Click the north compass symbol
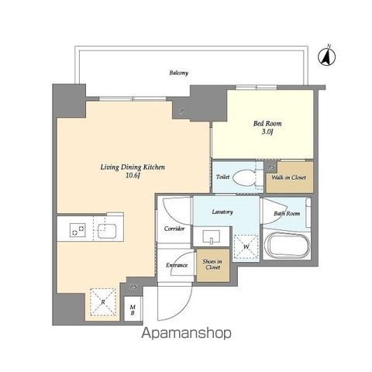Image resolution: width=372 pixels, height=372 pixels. click(x=326, y=56)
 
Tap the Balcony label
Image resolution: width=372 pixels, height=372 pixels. click(x=179, y=73)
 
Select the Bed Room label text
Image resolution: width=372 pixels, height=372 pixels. click(x=267, y=123)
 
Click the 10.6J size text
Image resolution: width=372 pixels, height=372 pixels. click(x=133, y=176)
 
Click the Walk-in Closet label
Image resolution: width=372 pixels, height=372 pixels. click(x=288, y=177)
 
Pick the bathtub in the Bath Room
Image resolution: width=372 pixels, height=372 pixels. click(x=287, y=245)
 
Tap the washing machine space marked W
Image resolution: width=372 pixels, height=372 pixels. click(x=246, y=246)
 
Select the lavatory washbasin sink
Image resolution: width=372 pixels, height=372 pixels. click(x=212, y=236)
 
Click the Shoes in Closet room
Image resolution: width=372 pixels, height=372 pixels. click(x=213, y=265)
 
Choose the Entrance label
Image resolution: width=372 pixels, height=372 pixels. click(x=177, y=265)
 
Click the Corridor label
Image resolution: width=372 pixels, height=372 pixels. click(x=174, y=229)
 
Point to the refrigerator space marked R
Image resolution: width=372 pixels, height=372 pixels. click(x=103, y=301)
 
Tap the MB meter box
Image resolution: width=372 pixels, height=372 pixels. click(x=133, y=309)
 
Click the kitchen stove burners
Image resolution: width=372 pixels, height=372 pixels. click(x=77, y=230)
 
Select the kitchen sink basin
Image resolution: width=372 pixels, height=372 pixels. click(x=107, y=231)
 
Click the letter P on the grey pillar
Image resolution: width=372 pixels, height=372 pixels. click(x=182, y=112)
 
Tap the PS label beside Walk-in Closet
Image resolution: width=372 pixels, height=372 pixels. click(x=271, y=167)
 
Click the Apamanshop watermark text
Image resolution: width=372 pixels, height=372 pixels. click(x=186, y=333)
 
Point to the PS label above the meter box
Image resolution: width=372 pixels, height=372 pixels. click(x=133, y=287)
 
